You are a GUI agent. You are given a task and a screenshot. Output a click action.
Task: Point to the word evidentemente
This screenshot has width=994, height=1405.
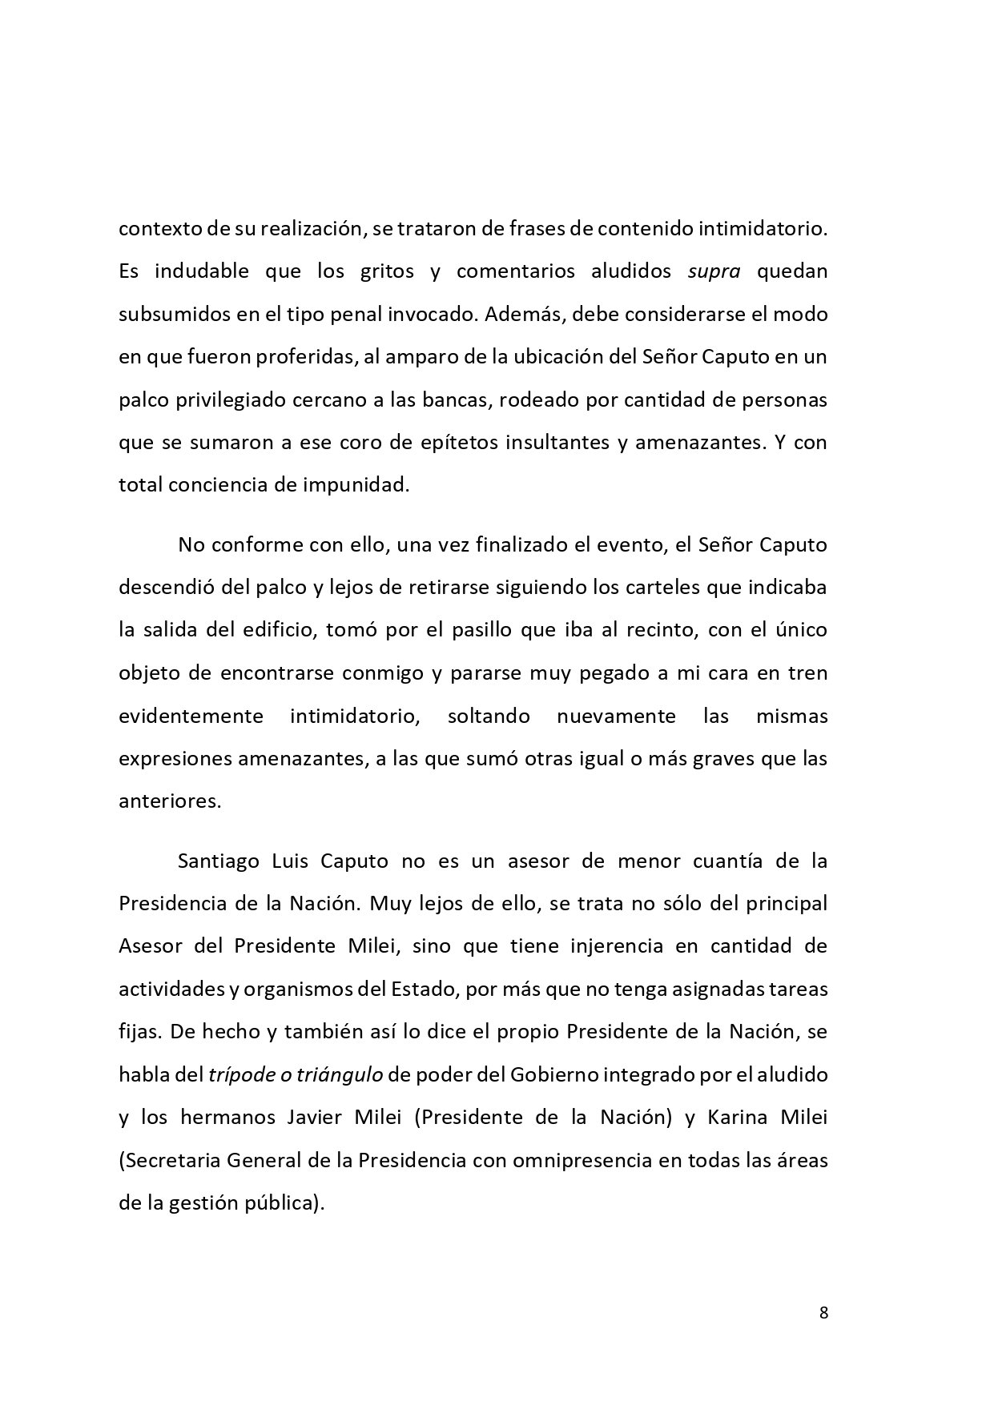[191, 716]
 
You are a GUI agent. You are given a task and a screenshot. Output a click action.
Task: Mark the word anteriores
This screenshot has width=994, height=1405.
[169, 801]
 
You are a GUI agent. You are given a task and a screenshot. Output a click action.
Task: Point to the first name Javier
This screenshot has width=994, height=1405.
[317, 1117]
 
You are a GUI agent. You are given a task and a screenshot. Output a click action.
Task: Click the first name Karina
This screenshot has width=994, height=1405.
[737, 1117]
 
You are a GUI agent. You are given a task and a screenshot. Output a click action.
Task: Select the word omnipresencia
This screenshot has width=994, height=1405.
[579, 1160]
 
